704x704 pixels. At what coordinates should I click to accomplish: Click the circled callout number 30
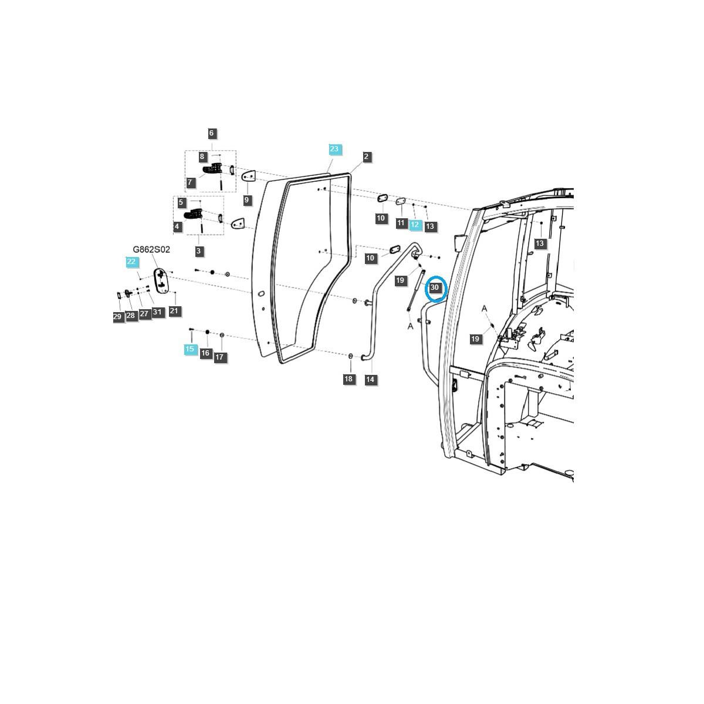coord(435,288)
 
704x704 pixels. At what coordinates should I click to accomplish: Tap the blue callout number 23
coord(334,149)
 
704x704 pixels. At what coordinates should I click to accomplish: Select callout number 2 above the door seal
coord(367,157)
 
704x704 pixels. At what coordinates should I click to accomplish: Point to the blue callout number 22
coord(131,262)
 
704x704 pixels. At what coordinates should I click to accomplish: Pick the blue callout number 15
coord(189,349)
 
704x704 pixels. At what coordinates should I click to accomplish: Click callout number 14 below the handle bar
coord(370,380)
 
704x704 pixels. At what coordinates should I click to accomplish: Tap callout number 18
coord(348,379)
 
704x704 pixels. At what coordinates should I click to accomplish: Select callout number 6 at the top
coord(212,133)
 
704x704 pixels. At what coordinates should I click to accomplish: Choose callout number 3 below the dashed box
coord(199,251)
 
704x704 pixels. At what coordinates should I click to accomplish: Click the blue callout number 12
coord(415,224)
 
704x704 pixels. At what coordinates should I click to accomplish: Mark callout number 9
coord(246,200)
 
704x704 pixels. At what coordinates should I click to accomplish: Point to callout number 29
coord(117,317)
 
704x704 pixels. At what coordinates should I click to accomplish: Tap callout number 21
coord(174,311)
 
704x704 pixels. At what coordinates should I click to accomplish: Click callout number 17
coord(220,357)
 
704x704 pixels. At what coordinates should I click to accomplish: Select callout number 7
coord(190,183)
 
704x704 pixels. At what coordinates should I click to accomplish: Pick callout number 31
coord(157,312)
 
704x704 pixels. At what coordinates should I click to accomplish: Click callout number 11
coord(401,223)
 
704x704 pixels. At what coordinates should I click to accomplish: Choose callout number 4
coord(177,226)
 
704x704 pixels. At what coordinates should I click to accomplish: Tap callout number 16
coord(205,353)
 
